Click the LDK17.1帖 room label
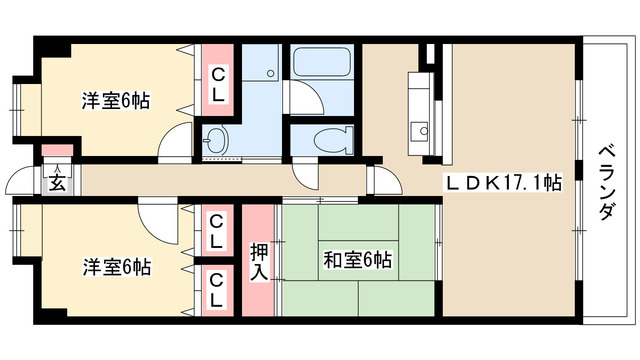click(x=503, y=183)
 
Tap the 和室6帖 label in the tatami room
click(x=358, y=260)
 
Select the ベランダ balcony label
click(x=607, y=182)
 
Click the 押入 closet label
click(x=259, y=262)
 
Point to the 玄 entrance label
click(x=58, y=183)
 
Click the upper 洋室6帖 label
click(x=116, y=100)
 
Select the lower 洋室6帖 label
click(x=117, y=267)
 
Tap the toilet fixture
click(x=334, y=140)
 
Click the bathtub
click(x=322, y=62)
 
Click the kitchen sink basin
click(x=419, y=132)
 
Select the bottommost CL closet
click(x=218, y=290)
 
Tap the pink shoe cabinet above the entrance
click(x=58, y=150)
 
